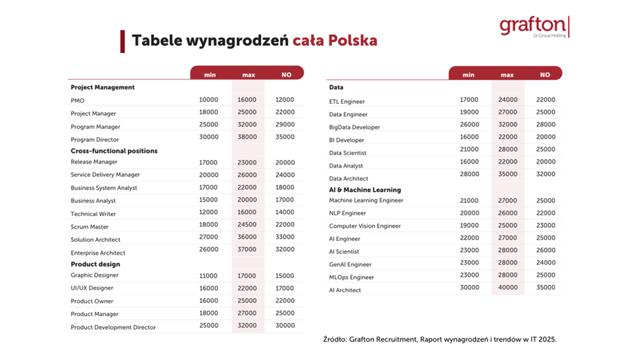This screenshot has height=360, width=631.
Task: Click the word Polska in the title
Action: pyautogui.click(x=353, y=41)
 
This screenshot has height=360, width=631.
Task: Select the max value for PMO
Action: pyautogui.click(x=248, y=100)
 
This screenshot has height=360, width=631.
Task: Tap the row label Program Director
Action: pyautogui.click(x=95, y=140)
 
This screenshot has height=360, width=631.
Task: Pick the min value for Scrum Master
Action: pyautogui.click(x=208, y=225)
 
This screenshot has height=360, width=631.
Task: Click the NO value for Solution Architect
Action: pyautogui.click(x=285, y=237)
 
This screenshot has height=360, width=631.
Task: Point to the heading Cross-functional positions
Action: pyautogui.click(x=114, y=151)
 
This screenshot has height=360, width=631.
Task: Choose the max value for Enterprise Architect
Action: pyautogui.click(x=248, y=250)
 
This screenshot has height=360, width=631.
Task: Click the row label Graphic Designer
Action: pyautogui.click(x=95, y=275)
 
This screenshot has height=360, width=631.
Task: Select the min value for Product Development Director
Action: pyautogui.click(x=208, y=326)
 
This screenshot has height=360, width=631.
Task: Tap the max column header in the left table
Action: pyautogui.click(x=248, y=75)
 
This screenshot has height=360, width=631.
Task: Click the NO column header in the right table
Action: pyautogui.click(x=545, y=75)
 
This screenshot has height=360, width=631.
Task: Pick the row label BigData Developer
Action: pyautogui.click(x=354, y=127)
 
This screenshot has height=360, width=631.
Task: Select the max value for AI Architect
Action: pyautogui.click(x=507, y=288)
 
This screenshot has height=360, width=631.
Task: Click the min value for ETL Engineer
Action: pyautogui.click(x=469, y=100)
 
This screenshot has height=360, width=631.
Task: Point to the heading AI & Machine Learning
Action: pyautogui.click(x=365, y=190)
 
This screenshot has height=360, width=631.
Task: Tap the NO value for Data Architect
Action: pyautogui.click(x=546, y=175)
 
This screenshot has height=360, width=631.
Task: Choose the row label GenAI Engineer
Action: pyautogui.click(x=350, y=265)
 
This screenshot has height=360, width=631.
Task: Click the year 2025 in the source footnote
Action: pyautogui.click(x=547, y=340)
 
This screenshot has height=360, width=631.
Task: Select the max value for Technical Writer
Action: pyautogui.click(x=248, y=213)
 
